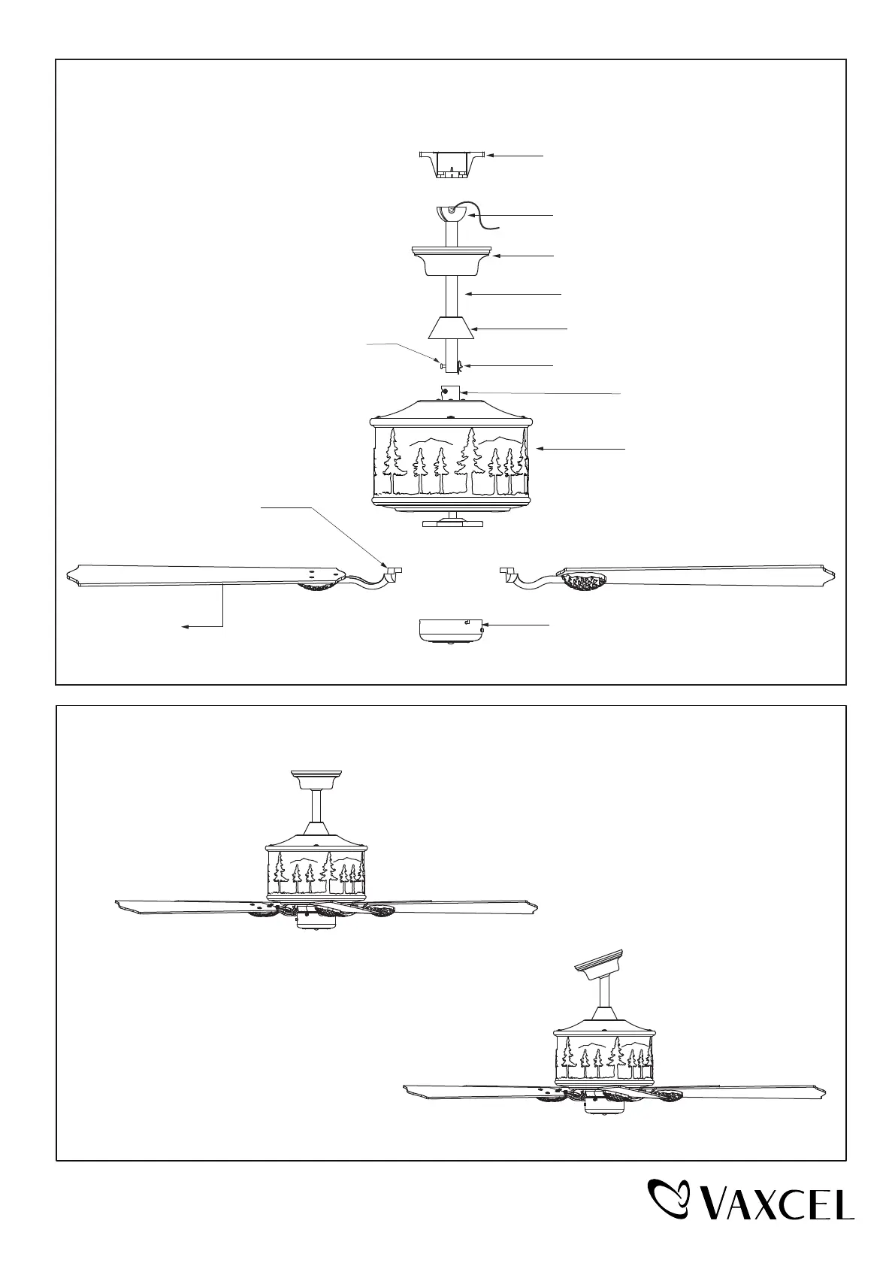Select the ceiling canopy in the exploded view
click(x=452, y=260)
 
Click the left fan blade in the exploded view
click(x=188, y=575)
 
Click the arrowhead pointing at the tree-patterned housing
click(x=537, y=449)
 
